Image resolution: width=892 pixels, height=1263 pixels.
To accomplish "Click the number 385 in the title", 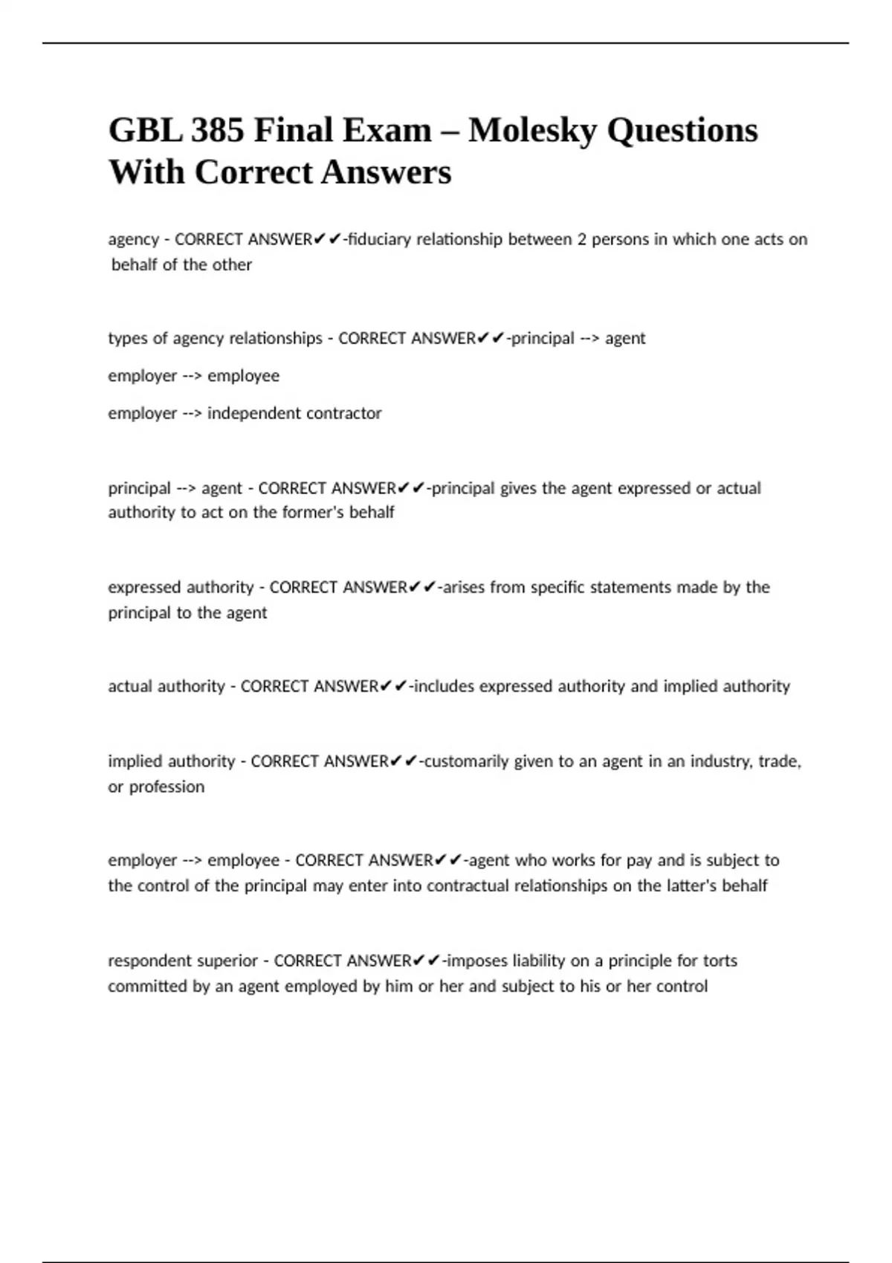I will tap(217, 131).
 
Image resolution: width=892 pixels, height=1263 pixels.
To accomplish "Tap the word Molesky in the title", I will tap(532, 131).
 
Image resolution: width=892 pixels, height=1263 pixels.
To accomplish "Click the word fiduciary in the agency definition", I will tap(379, 239).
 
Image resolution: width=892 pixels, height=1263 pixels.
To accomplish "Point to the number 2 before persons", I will tap(582, 239).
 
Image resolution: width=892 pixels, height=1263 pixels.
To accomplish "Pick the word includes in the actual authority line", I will tap(444, 686).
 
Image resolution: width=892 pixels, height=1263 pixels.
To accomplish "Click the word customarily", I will tap(466, 761).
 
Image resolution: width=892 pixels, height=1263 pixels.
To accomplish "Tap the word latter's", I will tap(683, 886).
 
